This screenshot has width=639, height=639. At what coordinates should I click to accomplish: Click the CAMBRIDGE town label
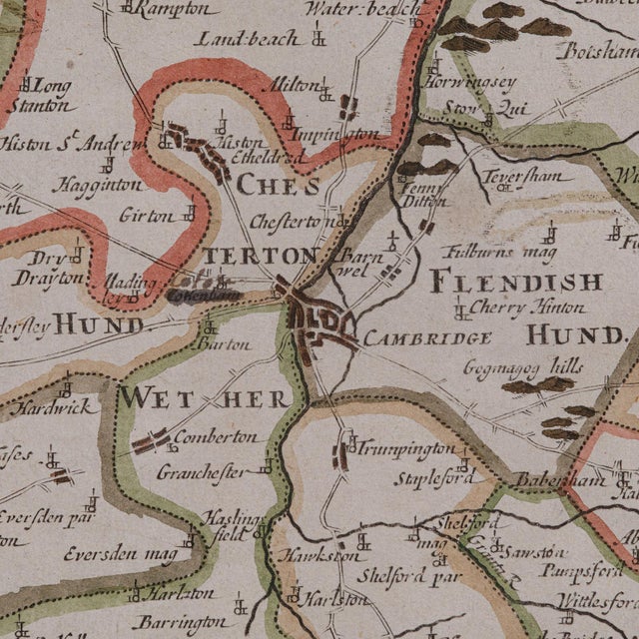point(427,338)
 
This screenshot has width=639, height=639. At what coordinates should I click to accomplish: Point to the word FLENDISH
point(516,283)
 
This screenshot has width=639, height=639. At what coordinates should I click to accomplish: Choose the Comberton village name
point(215,437)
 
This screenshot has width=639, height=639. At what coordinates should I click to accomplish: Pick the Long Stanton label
point(42,95)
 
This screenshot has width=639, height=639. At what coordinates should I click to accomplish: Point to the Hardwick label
point(58,407)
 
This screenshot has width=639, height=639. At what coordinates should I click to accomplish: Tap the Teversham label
point(522,177)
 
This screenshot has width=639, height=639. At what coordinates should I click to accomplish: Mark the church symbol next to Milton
point(324,93)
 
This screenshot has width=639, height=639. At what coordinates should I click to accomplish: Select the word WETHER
point(204,398)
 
